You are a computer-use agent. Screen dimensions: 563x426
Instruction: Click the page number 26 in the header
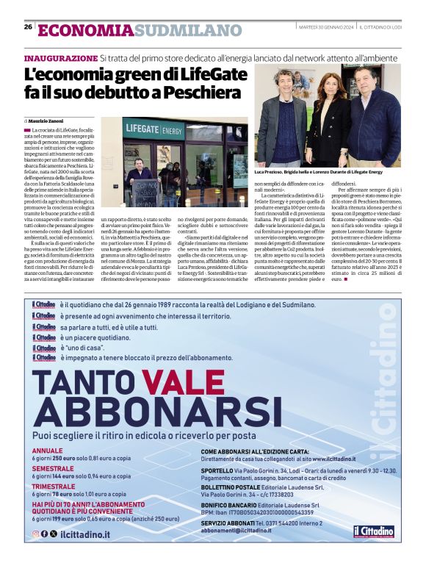pos(28,27)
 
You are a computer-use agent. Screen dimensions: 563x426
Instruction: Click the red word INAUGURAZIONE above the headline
pos(60,57)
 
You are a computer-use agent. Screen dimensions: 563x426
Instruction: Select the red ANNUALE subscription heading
pos(48,451)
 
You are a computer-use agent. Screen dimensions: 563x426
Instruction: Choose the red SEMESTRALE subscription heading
pos(53,468)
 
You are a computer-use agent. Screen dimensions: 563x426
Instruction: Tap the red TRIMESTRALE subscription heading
pos(54,487)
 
